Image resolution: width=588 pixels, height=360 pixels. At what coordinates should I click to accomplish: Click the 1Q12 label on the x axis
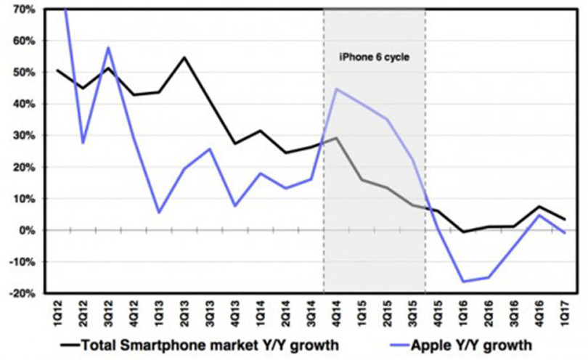[57, 314]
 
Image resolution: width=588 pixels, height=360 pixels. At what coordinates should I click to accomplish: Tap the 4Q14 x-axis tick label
[337, 314]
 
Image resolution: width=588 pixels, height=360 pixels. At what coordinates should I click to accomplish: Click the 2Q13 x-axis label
[184, 314]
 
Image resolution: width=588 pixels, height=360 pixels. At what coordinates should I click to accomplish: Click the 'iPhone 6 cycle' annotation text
[374, 56]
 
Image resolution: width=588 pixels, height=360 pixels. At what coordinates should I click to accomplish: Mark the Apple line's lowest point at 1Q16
[462, 282]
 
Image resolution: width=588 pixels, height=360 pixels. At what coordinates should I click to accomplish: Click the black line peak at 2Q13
[184, 57]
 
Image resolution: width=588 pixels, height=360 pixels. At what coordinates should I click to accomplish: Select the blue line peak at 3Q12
[108, 48]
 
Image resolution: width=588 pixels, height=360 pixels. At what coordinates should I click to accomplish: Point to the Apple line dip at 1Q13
[158, 212]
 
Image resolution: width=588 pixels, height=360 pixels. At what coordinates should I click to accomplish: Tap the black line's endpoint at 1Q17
[564, 219]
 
